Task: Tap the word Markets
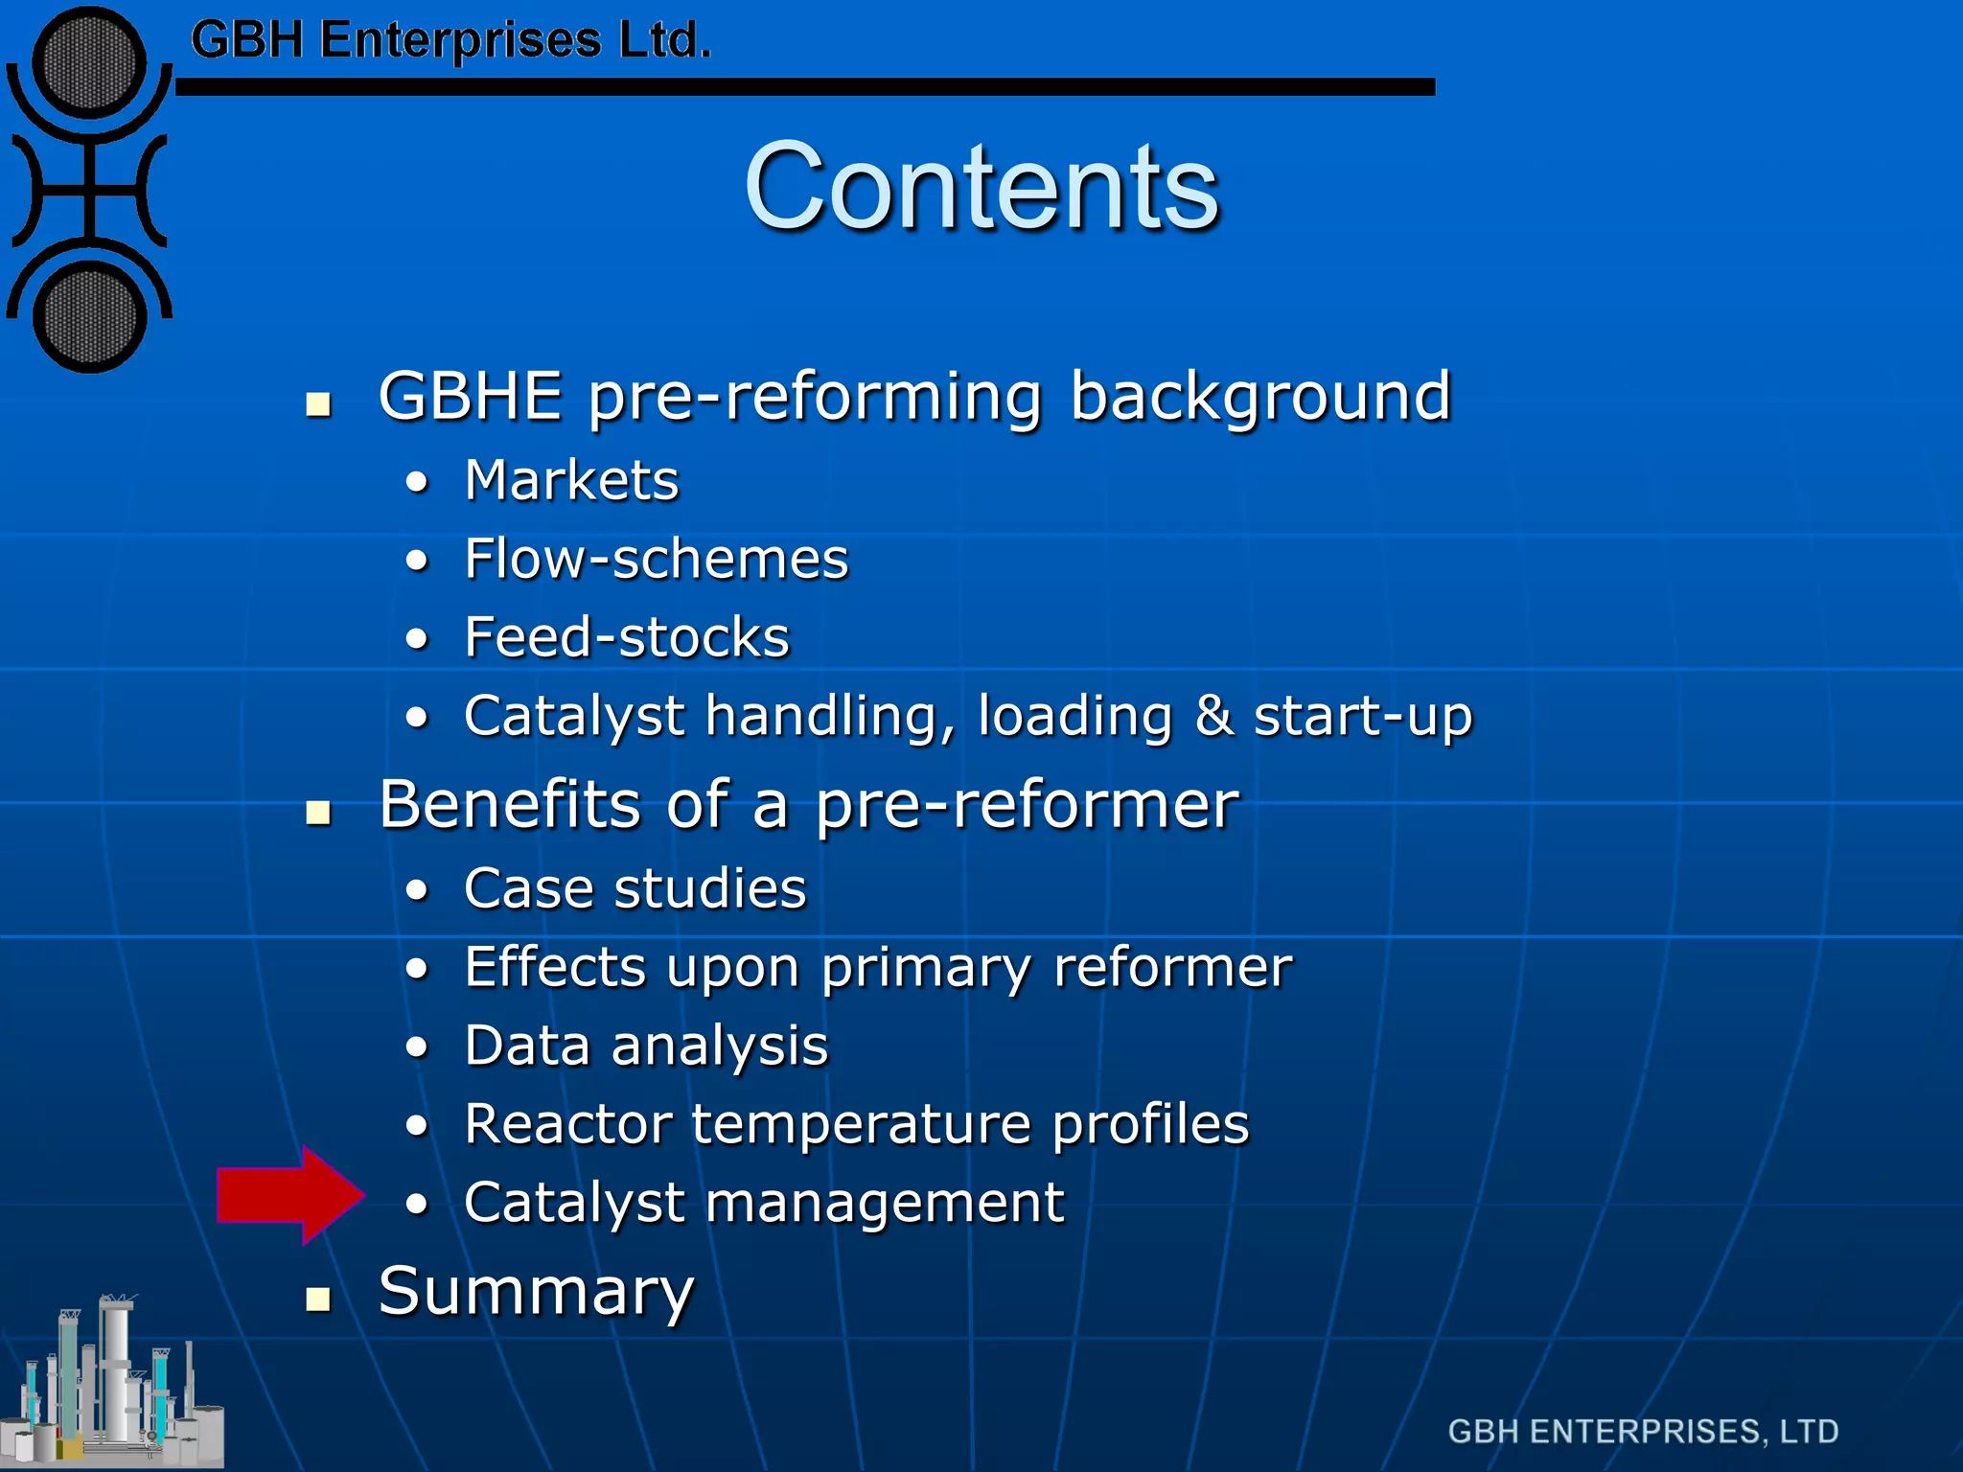571,480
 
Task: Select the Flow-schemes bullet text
657,559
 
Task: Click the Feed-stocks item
627,637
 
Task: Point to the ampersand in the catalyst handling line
1212,715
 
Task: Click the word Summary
536,1292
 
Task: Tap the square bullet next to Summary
318,1299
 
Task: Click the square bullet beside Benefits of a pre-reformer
318,813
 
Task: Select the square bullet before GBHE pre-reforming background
318,404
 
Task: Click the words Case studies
635,888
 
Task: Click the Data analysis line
646,1046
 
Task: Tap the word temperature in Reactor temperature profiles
860,1124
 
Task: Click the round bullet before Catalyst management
416,1205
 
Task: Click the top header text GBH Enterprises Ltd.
450,40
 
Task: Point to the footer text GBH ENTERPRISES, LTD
1643,1432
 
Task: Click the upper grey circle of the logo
89,63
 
